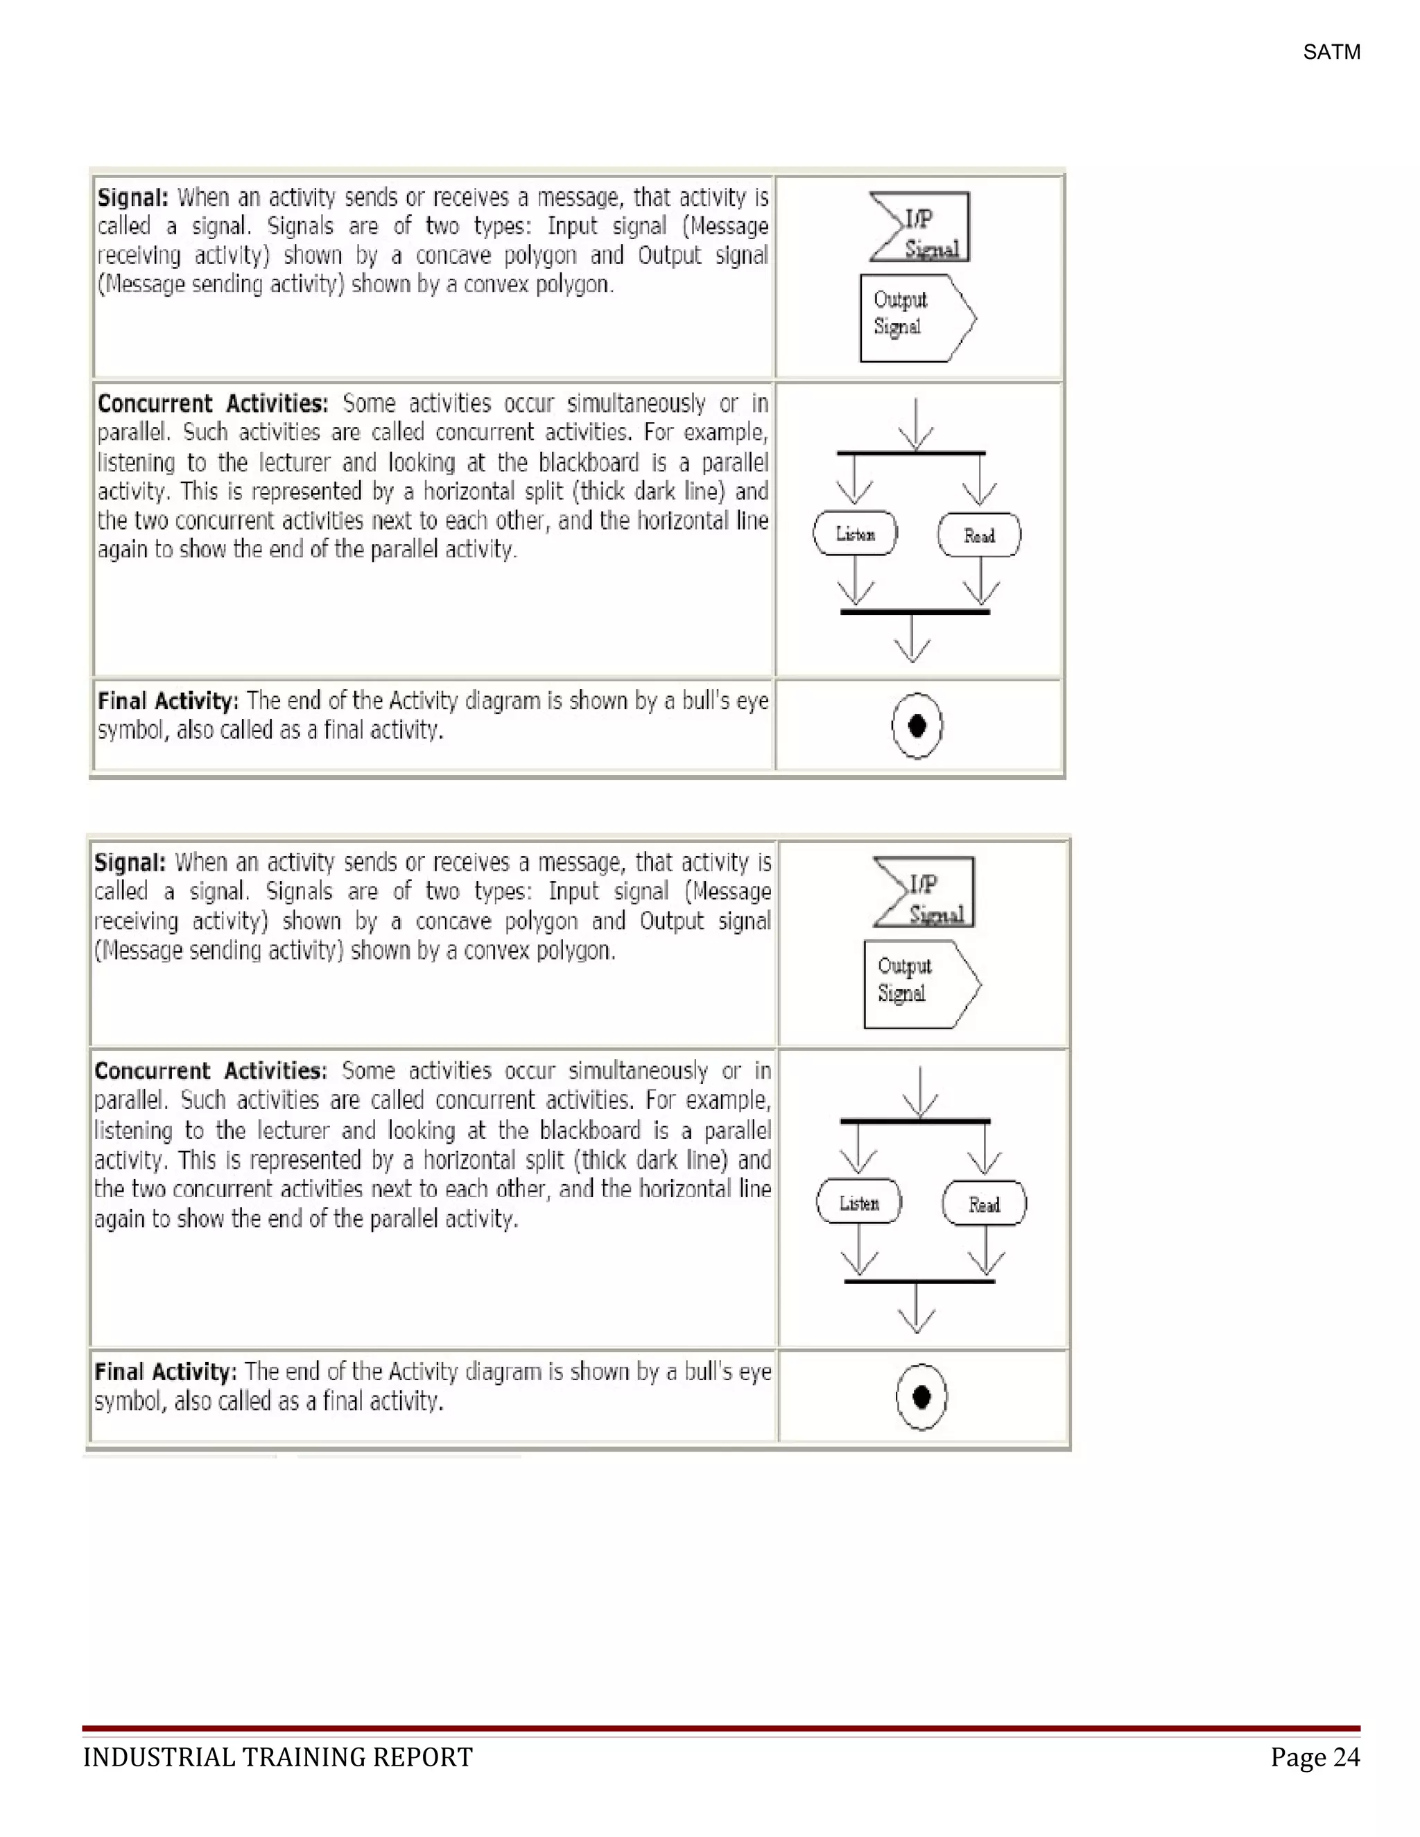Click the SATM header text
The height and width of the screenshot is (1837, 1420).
pos(1331,52)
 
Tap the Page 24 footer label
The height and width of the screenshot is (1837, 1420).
pos(1314,1757)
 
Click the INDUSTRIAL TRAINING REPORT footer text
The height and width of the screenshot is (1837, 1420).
pos(277,1757)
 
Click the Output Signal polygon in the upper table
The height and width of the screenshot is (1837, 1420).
pos(915,318)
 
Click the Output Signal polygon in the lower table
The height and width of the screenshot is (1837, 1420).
pos(920,984)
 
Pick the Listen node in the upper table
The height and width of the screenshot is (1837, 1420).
pos(855,534)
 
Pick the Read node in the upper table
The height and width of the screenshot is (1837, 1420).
pos(979,536)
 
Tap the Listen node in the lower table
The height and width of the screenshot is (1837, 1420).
pos(859,1203)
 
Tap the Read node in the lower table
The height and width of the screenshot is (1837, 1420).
pos(985,1205)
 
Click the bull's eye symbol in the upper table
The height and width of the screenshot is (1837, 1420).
pos(917,725)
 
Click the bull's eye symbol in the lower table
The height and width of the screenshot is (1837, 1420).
pos(921,1396)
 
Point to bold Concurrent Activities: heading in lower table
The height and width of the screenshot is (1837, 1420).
pos(210,1071)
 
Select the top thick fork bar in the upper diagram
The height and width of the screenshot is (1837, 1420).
pos(911,453)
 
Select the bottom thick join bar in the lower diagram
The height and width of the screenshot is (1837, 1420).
pos(919,1281)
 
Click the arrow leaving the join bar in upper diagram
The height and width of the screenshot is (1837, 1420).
pos(912,639)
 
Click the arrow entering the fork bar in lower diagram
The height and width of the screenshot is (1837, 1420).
pos(920,1092)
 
